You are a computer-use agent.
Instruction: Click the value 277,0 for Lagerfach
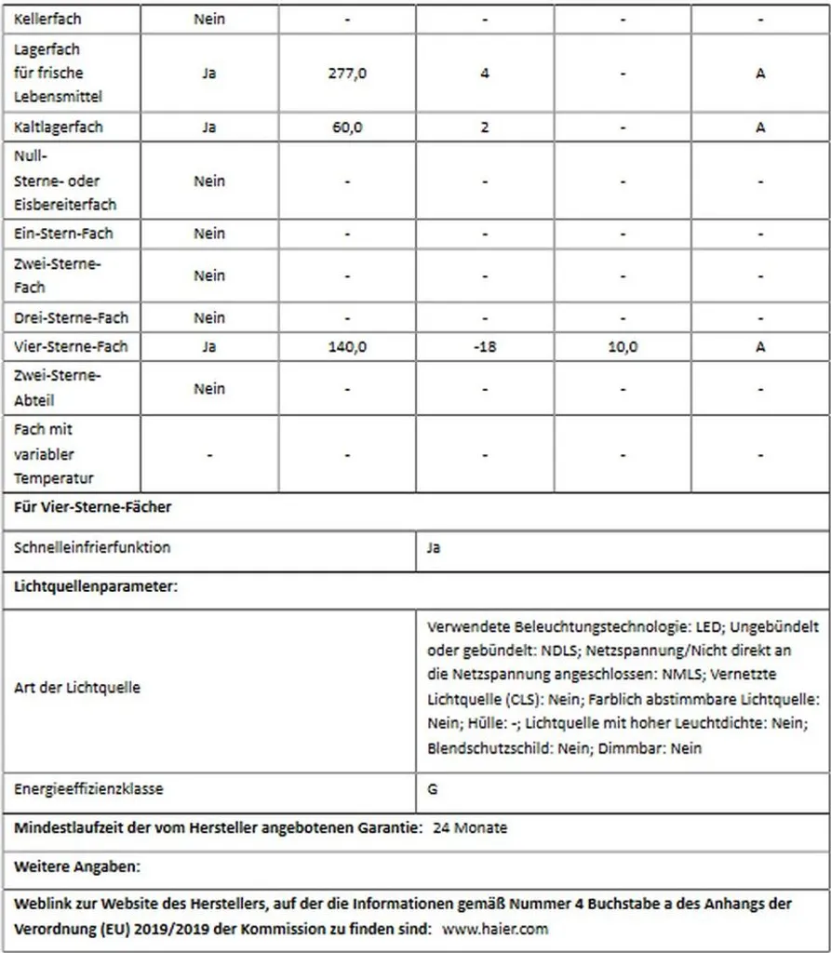click(x=347, y=74)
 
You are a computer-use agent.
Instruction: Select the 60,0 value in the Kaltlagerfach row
click(x=347, y=128)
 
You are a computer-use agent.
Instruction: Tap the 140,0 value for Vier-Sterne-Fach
click(x=347, y=347)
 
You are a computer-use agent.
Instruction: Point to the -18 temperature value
click(x=484, y=347)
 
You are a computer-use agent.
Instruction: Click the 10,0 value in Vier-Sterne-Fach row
click(x=623, y=347)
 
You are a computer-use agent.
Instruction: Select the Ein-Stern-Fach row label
click(x=64, y=234)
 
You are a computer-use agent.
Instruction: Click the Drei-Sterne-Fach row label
click(x=71, y=318)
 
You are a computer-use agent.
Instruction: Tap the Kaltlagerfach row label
click(x=59, y=128)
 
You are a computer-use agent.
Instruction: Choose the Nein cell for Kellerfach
click(x=209, y=19)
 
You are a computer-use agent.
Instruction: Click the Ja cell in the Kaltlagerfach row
click(x=209, y=128)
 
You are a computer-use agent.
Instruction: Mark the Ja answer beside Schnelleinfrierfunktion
click(x=434, y=548)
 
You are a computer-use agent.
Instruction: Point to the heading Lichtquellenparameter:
click(x=96, y=587)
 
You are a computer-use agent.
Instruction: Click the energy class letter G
click(x=433, y=789)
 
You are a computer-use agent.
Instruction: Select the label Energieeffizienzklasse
click(x=88, y=789)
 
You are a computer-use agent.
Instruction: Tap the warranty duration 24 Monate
click(x=470, y=827)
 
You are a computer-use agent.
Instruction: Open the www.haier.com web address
click(x=494, y=929)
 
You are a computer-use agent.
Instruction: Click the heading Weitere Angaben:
click(x=77, y=867)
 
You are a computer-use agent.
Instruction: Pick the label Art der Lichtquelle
click(x=77, y=688)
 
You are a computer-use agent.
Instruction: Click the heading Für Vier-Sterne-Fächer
click(x=93, y=507)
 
